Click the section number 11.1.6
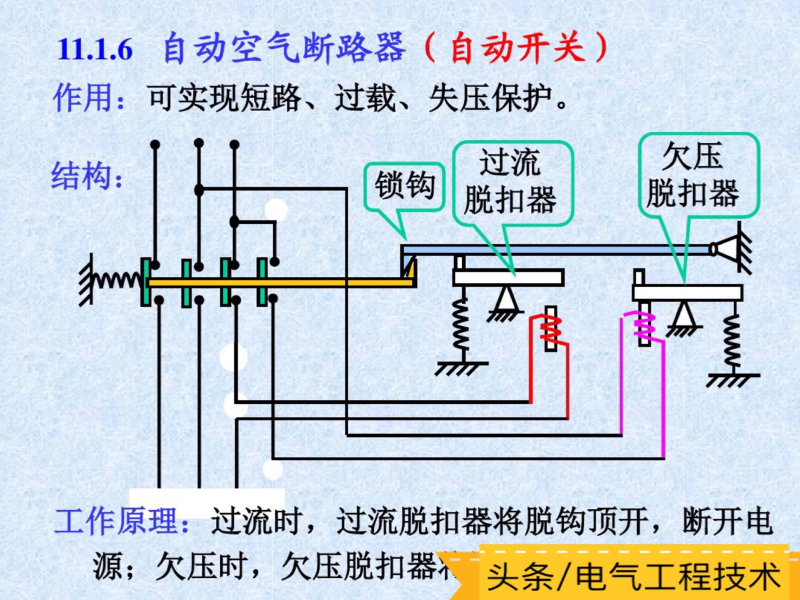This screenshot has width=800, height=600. (95, 49)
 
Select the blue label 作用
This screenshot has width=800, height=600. (83, 98)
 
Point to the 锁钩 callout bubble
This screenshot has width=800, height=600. (404, 186)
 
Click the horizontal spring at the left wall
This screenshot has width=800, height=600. (117, 280)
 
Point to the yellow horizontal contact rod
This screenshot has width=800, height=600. (279, 283)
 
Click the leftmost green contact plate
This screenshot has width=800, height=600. (146, 282)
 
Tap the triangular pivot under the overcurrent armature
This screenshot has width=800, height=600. (506, 300)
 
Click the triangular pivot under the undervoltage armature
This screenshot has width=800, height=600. (683, 315)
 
